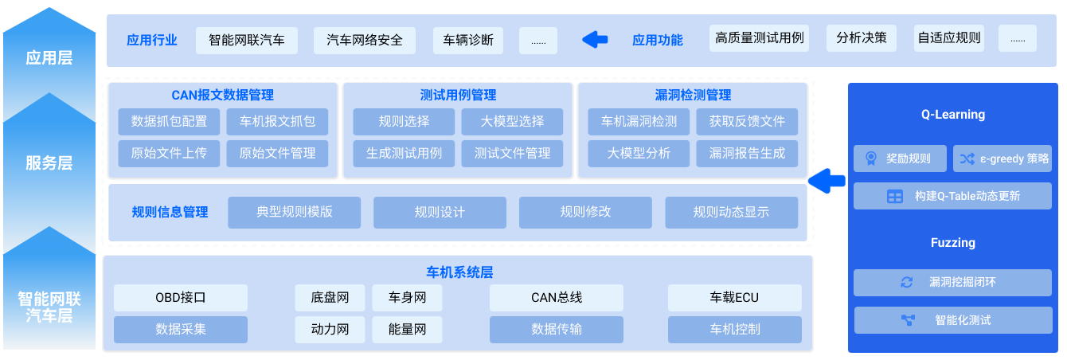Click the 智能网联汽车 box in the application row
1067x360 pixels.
247,40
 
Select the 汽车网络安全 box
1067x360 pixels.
365,40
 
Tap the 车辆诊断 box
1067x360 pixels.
467,40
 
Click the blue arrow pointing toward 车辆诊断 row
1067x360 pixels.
595,40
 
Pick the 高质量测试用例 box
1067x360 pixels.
759,38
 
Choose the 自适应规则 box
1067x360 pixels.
949,38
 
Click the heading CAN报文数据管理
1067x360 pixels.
222,96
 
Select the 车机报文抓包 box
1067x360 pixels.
277,121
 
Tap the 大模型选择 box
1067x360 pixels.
512,121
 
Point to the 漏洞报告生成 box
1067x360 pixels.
747,154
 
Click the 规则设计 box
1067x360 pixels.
440,213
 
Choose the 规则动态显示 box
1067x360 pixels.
731,213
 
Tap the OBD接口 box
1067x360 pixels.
181,298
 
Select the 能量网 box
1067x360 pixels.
407,329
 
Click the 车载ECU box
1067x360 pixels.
734,298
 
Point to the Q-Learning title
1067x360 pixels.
952,115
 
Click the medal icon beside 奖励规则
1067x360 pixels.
871,158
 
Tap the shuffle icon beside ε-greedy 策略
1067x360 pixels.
967,158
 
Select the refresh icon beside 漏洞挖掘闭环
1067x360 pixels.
906,283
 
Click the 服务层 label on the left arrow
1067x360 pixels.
49,163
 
